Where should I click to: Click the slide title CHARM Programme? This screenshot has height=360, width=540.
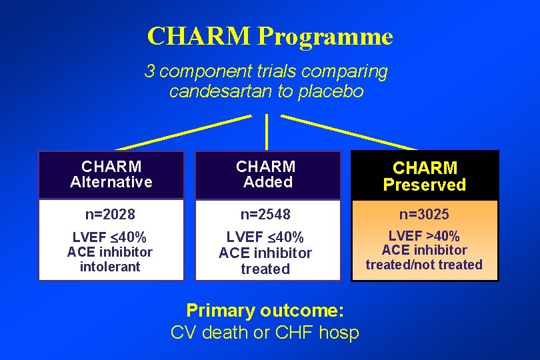pos(269,36)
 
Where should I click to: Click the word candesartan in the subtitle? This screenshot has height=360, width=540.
pos(221,91)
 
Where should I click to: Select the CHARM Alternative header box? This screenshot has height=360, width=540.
pos(111,174)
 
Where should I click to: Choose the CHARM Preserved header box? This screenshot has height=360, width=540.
pos(425,176)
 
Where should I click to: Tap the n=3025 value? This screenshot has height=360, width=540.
pos(424,215)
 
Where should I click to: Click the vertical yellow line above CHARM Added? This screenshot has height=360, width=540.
pos(267,131)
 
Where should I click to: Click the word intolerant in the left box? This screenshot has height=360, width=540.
pos(110,267)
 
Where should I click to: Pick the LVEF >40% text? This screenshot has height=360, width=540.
pos(424,236)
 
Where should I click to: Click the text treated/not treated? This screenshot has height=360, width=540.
pos(424,265)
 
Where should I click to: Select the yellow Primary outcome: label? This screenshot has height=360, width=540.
pos(265,311)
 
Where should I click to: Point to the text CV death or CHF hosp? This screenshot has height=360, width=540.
pos(265,333)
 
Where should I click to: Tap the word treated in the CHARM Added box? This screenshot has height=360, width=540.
pos(265,269)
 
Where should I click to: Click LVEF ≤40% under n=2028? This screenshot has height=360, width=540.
pos(110,237)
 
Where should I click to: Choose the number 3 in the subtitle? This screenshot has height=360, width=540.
pos(150,71)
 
